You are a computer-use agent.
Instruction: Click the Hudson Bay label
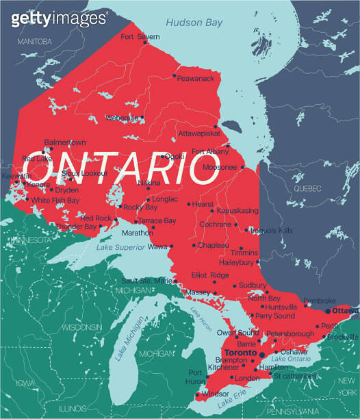click(194, 23)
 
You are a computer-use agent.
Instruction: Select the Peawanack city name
click(196, 79)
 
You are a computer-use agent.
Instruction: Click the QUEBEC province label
click(307, 188)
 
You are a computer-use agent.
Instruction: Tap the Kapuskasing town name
click(237, 211)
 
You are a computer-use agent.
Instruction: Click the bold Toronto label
click(240, 353)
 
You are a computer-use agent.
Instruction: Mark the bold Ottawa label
click(346, 311)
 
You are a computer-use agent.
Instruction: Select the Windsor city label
click(215, 394)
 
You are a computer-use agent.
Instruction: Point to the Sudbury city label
click(253, 285)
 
